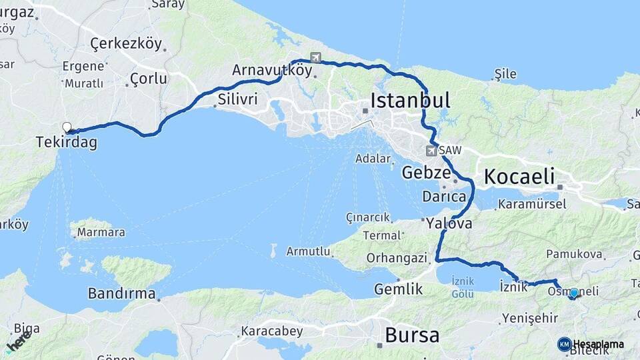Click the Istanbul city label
[410, 101]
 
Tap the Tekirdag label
[66, 142]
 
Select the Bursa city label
[412, 334]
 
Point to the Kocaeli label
[519, 177]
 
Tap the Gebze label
[426, 173]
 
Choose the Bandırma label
[121, 293]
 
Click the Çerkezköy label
[126, 45]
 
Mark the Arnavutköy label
[272, 70]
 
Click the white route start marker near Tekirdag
[67, 127]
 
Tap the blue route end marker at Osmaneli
[573, 293]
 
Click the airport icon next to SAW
[431, 151]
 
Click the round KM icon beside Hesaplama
[564, 344]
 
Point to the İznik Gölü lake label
[463, 287]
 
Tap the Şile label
[505, 74]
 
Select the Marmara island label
[101, 233]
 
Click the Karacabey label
[271, 331]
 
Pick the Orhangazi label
[396, 257]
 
